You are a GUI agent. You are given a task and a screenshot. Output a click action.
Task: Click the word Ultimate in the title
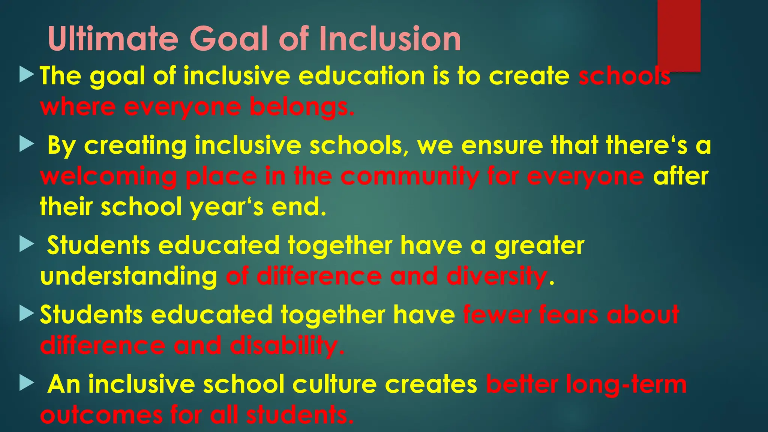click(113, 39)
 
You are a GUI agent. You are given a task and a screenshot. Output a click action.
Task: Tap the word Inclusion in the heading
click(390, 39)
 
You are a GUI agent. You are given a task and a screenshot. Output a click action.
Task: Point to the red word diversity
click(496, 276)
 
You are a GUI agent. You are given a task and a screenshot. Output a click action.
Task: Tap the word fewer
click(496, 315)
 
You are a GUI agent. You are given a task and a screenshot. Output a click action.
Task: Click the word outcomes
click(101, 415)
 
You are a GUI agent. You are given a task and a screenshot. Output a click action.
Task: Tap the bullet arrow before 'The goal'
click(27, 74)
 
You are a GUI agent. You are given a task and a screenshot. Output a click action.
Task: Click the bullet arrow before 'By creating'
click(27, 144)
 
